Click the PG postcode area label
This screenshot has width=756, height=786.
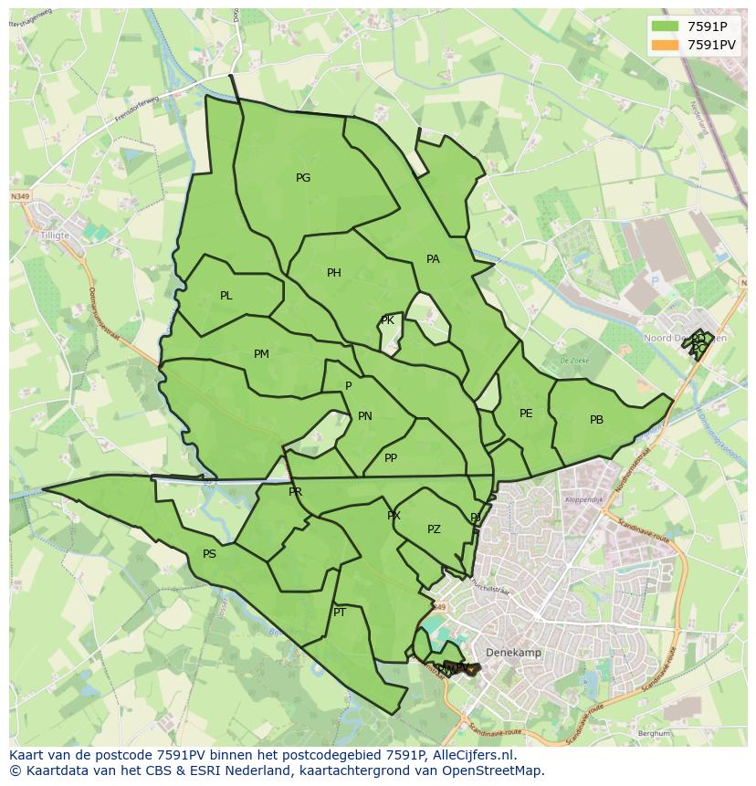303,178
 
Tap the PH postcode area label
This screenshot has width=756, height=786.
334,273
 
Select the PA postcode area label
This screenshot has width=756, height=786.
433,259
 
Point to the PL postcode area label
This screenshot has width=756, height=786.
226,296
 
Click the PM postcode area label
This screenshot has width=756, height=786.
261,354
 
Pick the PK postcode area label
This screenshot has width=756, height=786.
387,320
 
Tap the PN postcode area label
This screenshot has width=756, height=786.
365,416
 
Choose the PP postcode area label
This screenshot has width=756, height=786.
391,458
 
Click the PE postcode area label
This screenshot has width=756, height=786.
526,414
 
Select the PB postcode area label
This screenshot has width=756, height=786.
596,420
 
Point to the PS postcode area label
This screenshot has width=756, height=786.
209,554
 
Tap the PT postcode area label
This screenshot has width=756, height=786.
340,613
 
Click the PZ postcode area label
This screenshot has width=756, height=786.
434,529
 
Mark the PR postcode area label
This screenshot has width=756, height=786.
295,492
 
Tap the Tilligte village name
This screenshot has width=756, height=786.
55,234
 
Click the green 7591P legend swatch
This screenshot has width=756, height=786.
666,27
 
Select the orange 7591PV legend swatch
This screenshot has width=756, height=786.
666,45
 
